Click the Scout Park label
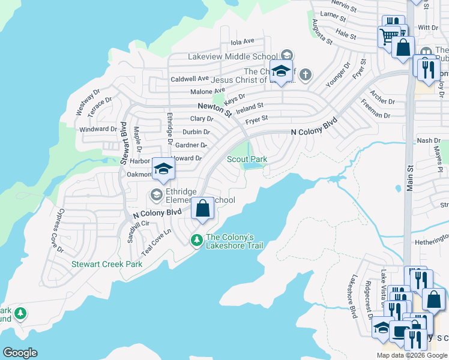(x=247, y=159)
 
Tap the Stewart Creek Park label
(x=107, y=264)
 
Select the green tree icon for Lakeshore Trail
(x=196, y=241)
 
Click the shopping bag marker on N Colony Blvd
(x=203, y=209)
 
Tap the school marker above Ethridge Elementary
(x=163, y=169)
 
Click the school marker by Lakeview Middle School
(x=281, y=71)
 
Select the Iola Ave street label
(x=243, y=41)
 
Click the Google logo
(x=20, y=353)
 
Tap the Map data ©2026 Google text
(x=412, y=355)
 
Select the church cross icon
(x=306, y=75)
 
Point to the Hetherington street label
(x=432, y=242)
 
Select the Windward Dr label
(x=98, y=129)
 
